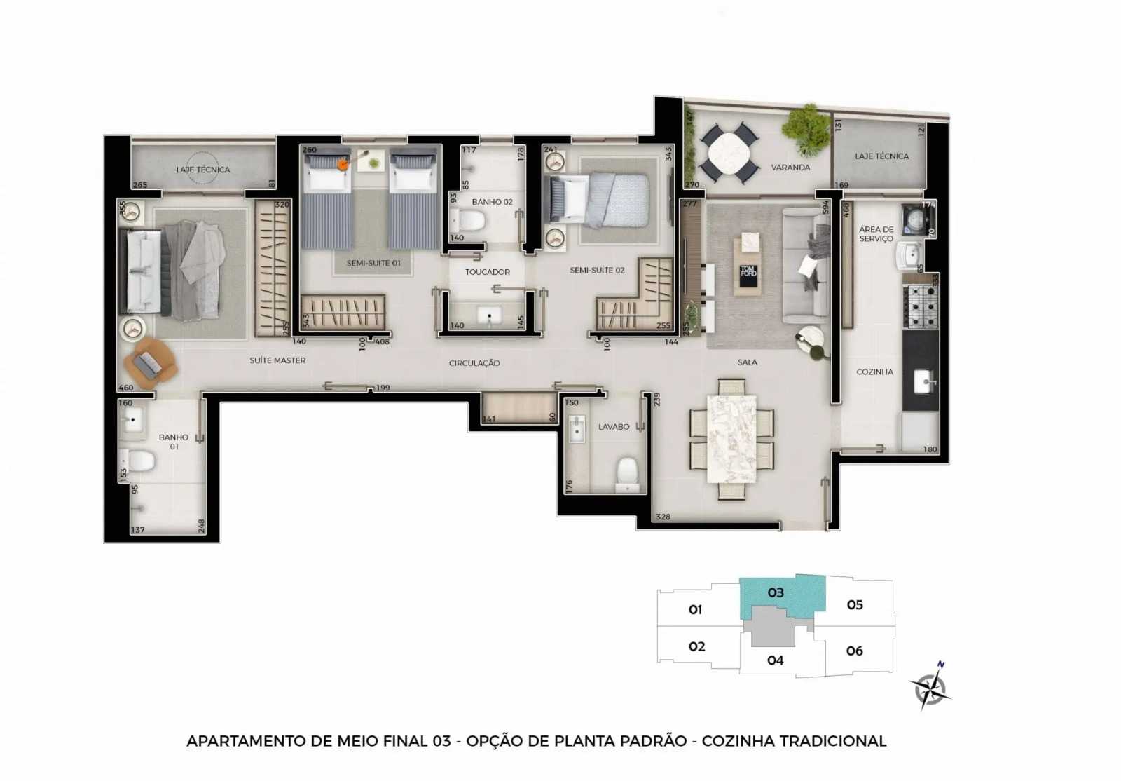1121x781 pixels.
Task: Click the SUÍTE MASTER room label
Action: click(277, 360)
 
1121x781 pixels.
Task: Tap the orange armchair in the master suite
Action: click(149, 362)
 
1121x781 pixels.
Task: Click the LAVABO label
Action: click(613, 427)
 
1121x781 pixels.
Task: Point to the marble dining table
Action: click(731, 439)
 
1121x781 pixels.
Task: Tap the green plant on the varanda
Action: click(807, 128)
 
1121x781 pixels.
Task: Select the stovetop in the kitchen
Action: click(921, 306)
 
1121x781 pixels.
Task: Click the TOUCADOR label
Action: click(488, 272)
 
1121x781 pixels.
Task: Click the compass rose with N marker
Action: click(930, 687)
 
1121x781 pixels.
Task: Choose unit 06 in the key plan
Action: click(855, 651)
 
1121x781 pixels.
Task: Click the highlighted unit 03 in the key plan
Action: click(776, 593)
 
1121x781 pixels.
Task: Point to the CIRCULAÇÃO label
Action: click(474, 363)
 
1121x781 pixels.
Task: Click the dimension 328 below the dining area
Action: click(663, 517)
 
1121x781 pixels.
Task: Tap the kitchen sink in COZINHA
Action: click(923, 383)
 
